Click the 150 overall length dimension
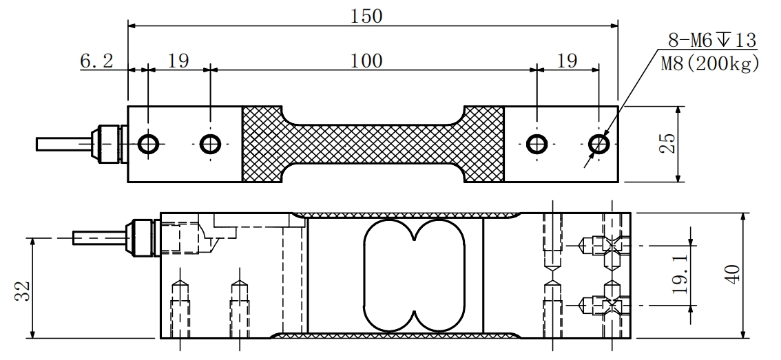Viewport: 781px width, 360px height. (366, 17)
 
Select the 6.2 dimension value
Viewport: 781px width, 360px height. (96, 61)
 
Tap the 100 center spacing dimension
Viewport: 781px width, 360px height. (366, 61)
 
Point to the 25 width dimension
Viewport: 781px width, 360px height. (669, 144)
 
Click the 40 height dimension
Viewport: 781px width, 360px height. (733, 275)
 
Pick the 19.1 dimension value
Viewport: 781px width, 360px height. (681, 275)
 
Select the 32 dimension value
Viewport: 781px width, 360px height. (23, 291)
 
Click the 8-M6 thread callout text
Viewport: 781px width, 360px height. (712, 40)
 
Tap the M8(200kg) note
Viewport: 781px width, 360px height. (710, 64)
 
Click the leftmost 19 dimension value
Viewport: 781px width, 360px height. (178, 61)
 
